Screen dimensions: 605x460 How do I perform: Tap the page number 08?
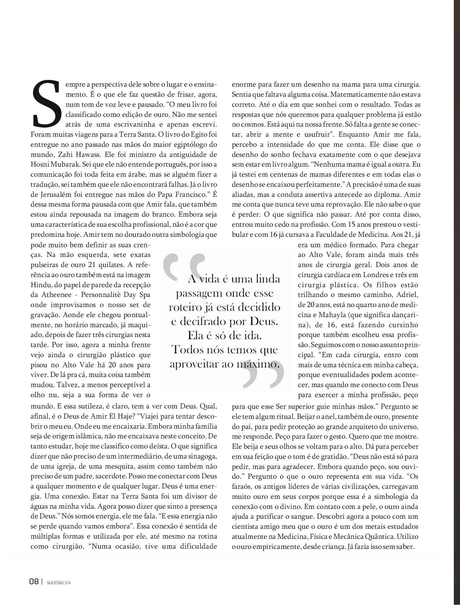coord(34,582)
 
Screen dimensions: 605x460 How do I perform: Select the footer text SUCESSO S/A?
coord(59,583)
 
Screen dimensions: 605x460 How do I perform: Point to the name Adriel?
coord(407,295)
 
